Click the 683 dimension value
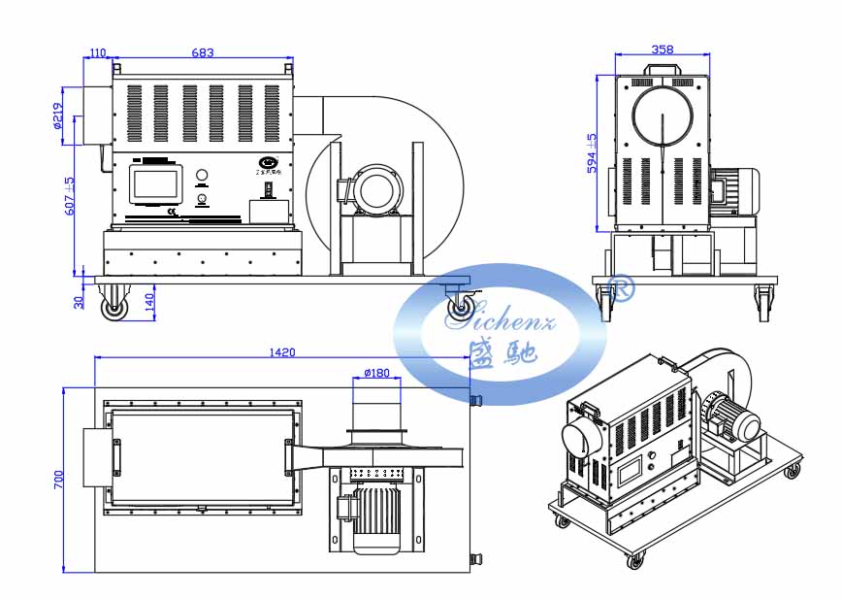pyautogui.click(x=203, y=52)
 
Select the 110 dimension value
pyautogui.click(x=97, y=52)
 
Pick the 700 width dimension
pyautogui.click(x=58, y=479)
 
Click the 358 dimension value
pyautogui.click(x=663, y=49)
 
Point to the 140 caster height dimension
pyautogui.click(x=148, y=302)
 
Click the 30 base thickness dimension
pyautogui.click(x=79, y=302)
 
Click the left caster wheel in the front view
pyautogui.click(x=115, y=308)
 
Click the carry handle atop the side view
pyautogui.click(x=663, y=71)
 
